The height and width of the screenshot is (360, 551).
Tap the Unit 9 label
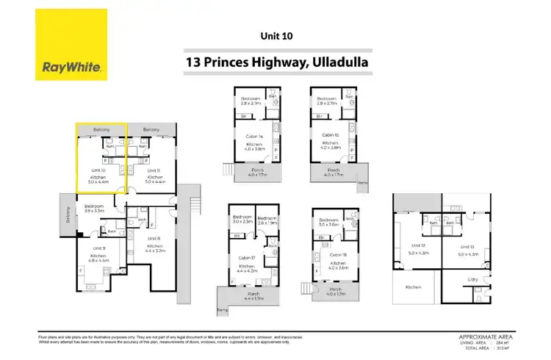[99, 248]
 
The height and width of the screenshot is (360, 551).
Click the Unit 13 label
[468, 246]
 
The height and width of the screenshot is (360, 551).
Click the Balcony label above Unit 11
[151, 129]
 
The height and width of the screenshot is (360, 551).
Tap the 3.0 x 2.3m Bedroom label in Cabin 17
[242, 220]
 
